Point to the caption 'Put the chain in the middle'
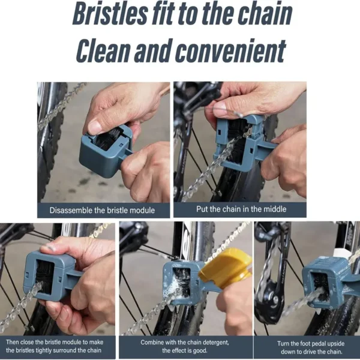[240, 209]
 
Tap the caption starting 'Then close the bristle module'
[58, 346]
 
